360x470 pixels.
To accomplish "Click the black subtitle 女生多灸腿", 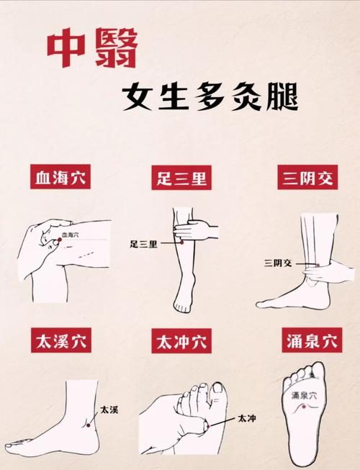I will tap(209, 97).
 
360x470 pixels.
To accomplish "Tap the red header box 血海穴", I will tap(60, 177).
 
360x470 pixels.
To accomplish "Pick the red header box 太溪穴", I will tap(60, 342).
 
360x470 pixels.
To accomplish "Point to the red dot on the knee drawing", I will tap(57, 235).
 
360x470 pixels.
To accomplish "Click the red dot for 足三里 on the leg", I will tap(182, 243).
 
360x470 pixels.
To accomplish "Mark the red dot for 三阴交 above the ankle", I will tap(318, 264).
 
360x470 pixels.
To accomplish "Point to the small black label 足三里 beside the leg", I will tap(143, 244).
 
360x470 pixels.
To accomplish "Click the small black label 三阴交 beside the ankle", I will tap(279, 263).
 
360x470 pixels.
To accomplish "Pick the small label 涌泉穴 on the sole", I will tap(304, 396).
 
